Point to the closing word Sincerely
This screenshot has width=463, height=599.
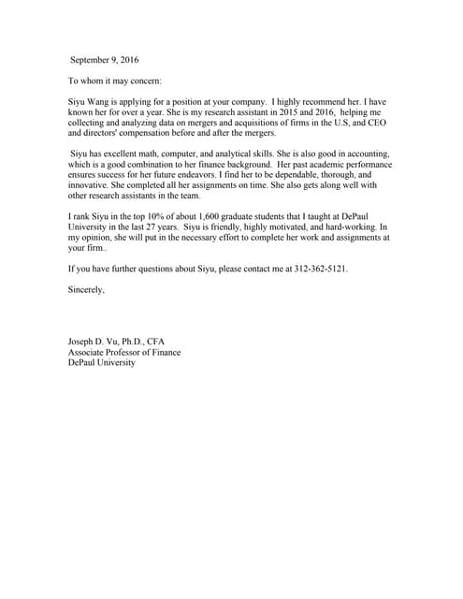click(x=86, y=289)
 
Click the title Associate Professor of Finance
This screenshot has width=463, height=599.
click(x=124, y=352)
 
